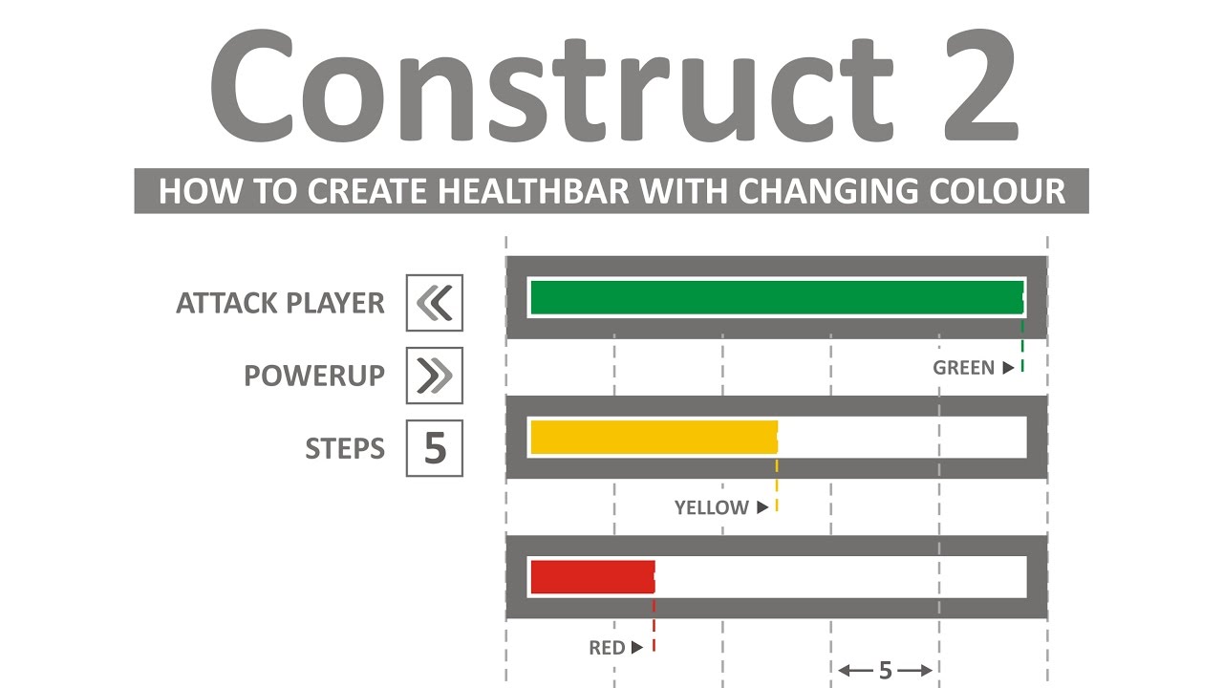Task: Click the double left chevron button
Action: pos(435,303)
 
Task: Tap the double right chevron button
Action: pos(435,376)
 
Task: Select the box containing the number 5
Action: pos(435,448)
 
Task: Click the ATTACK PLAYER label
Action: pos(280,304)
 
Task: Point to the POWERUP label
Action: pos(314,376)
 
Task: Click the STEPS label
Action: pos(345,448)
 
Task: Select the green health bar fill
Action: pos(776,298)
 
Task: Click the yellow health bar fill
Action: pos(654,437)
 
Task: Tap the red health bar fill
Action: pos(592,577)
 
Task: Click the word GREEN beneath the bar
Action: pos(963,368)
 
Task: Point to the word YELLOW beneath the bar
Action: pos(711,508)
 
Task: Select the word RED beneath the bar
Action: pos(606,649)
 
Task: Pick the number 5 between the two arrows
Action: pos(885,671)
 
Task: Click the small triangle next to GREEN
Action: pos(1008,368)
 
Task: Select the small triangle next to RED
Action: pos(637,649)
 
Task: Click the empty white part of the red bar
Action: pos(841,577)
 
